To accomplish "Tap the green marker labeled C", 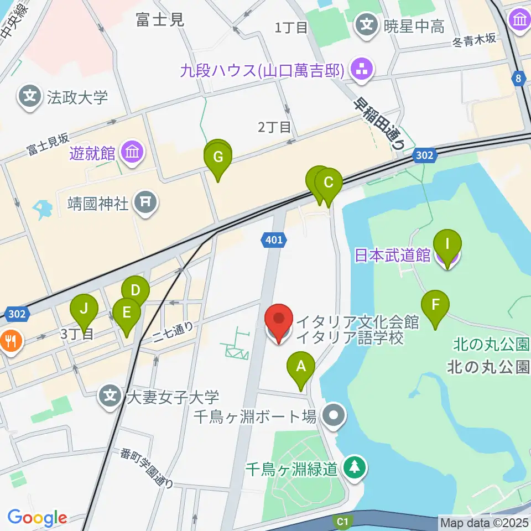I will pos(329,183).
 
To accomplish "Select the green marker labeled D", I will pos(136,290).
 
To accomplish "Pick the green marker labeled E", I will pos(126,313).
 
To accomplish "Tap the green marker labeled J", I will pos(84,309).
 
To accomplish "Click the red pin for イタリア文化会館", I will pos(279,319).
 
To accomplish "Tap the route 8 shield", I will pos(518,79).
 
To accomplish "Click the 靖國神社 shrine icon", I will pos(146,203).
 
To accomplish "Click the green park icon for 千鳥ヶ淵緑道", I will pos(352,468).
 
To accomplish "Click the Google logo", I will pos(37,518).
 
